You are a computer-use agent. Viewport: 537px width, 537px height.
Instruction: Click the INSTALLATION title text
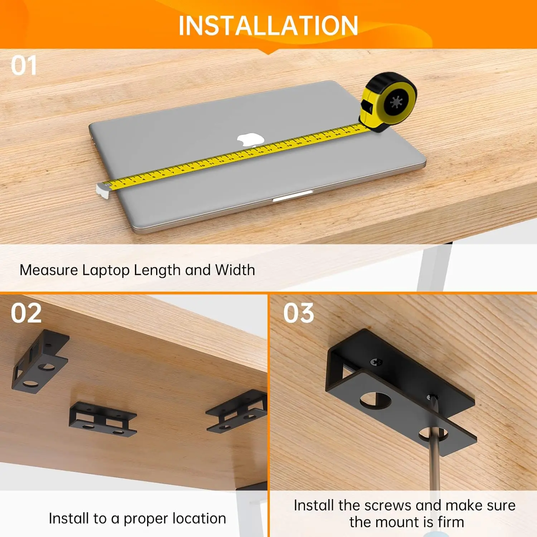pyautogui.click(x=268, y=26)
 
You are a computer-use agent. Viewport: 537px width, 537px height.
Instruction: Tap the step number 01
pyautogui.click(x=24, y=66)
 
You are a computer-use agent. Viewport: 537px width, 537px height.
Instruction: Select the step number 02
pyautogui.click(x=26, y=313)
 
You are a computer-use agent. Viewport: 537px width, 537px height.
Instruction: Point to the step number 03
pyautogui.click(x=299, y=313)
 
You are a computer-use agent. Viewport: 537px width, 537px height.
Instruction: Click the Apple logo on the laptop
pyautogui.click(x=251, y=140)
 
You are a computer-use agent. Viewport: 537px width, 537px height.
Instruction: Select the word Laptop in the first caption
pyautogui.click(x=106, y=271)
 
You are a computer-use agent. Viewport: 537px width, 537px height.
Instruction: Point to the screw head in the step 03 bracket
pyautogui.click(x=376, y=363)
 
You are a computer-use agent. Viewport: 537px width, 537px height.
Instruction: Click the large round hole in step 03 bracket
pyautogui.click(x=375, y=400)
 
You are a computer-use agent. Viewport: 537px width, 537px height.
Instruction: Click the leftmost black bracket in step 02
pyautogui.click(x=39, y=362)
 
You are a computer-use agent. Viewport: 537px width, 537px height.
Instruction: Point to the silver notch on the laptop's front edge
pyautogui.click(x=292, y=196)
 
